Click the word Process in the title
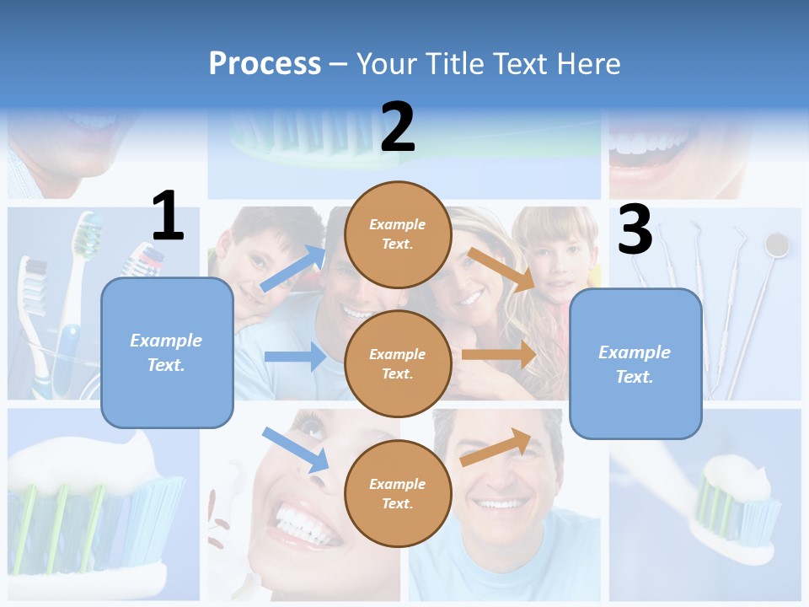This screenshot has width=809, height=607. pyautogui.click(x=265, y=63)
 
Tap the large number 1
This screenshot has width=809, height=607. pyautogui.click(x=168, y=216)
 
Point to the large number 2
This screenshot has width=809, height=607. pyautogui.click(x=398, y=127)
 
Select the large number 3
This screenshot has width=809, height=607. pyautogui.click(x=635, y=229)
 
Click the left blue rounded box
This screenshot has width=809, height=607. pyautogui.click(x=167, y=352)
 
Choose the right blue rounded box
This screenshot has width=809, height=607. pyautogui.click(x=635, y=364)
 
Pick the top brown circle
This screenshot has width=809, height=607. pyautogui.click(x=398, y=234)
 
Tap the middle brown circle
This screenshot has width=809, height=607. pyautogui.click(x=398, y=364)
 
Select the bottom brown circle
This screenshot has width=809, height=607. pyautogui.click(x=398, y=494)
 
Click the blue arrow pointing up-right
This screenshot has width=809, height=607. pyautogui.click(x=293, y=268)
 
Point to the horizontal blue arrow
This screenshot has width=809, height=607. pyautogui.click(x=295, y=357)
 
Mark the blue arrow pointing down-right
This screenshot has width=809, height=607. pyautogui.click(x=295, y=449)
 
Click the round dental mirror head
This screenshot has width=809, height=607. pyautogui.click(x=776, y=244)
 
